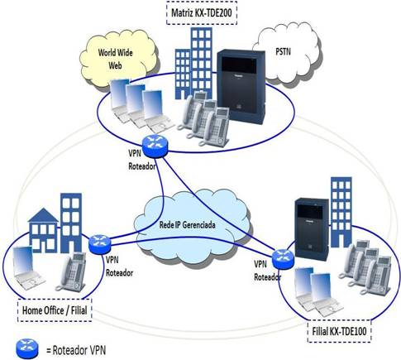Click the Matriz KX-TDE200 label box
[x=202, y=13]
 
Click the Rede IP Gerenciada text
[x=188, y=225]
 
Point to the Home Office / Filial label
[x=55, y=310]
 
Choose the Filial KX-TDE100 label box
[x=339, y=331]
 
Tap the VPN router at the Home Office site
[x=100, y=244]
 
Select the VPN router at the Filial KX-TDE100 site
[x=283, y=259]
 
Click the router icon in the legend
[x=27, y=349]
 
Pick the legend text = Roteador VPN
[x=76, y=351]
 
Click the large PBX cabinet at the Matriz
[x=241, y=86]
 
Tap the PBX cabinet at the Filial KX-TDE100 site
[x=312, y=228]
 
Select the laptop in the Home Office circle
[x=27, y=268]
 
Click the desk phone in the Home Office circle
[x=72, y=272]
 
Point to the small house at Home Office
[x=43, y=230]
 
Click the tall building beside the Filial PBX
[x=341, y=212]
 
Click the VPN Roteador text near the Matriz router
[x=142, y=160]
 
